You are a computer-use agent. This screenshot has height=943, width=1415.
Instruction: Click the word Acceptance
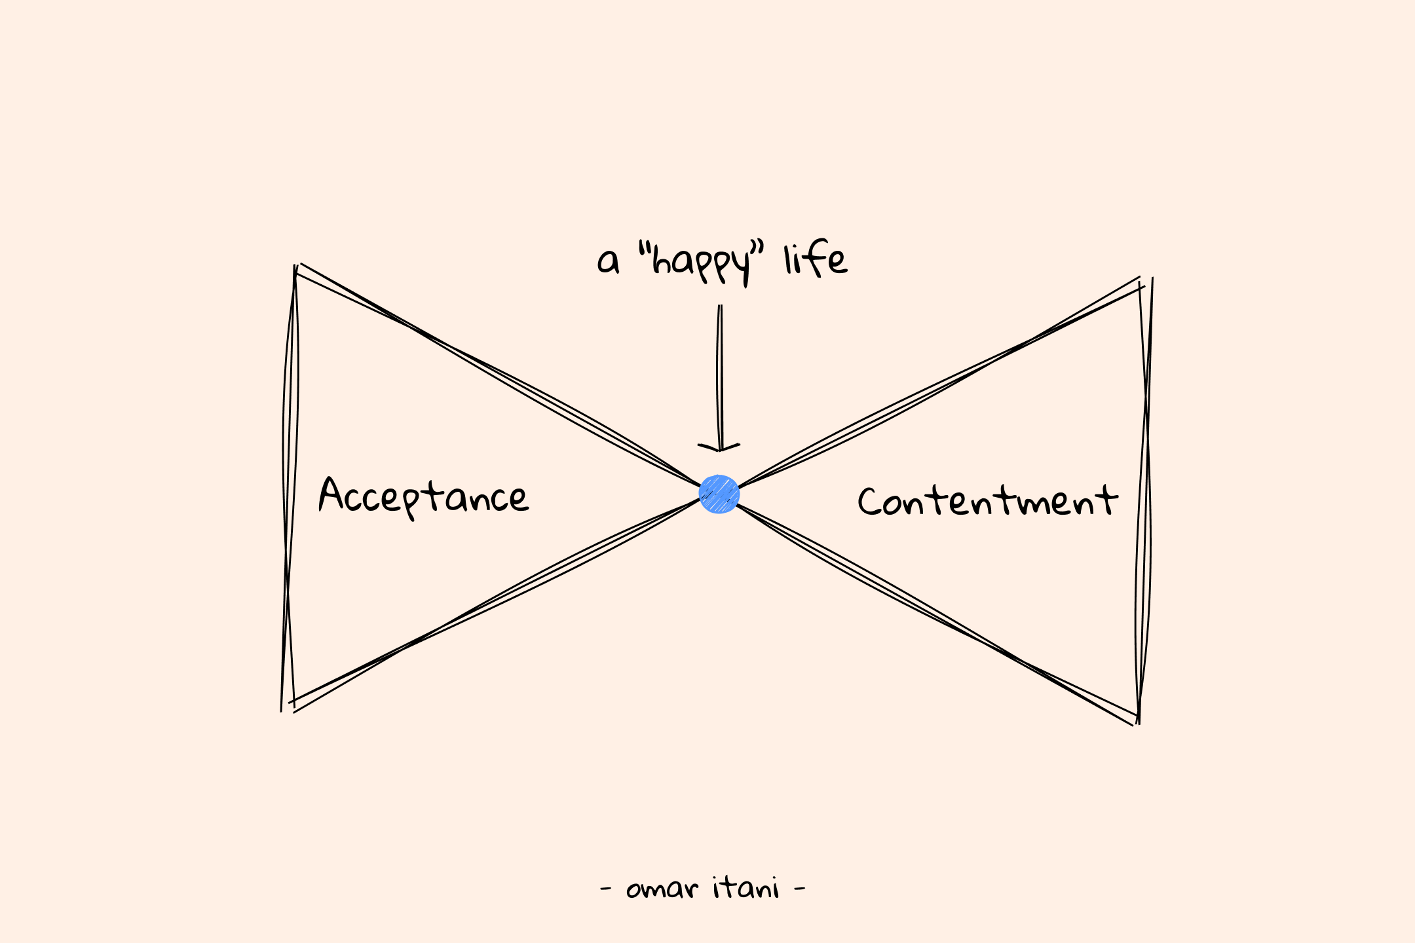[x=423, y=495]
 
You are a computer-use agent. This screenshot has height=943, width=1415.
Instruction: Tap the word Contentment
[x=987, y=502]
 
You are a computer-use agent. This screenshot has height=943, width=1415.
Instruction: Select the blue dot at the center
[x=719, y=494]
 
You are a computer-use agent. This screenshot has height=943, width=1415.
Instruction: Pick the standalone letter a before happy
[x=607, y=262]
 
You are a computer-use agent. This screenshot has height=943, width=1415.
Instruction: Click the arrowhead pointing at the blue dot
[x=719, y=447]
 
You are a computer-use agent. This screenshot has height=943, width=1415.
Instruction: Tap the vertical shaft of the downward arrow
[x=719, y=373]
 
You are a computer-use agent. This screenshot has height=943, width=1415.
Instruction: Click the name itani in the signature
[x=746, y=888]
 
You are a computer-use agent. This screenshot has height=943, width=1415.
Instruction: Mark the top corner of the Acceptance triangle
[x=296, y=268]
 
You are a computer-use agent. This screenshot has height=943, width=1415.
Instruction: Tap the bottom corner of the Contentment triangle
[x=1137, y=720]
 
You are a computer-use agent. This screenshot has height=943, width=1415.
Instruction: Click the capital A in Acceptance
[x=331, y=494]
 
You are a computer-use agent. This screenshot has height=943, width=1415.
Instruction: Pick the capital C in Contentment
[x=869, y=502]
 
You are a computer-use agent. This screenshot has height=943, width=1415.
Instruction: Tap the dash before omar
[x=606, y=889]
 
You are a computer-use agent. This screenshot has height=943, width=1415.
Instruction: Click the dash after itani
[x=799, y=889]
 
